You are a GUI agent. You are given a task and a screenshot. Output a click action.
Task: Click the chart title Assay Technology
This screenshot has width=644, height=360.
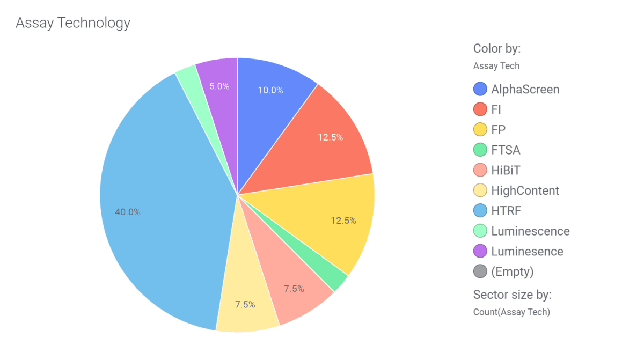pyautogui.click(x=73, y=23)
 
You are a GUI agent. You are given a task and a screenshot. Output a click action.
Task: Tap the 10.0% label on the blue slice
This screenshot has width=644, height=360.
pyautogui.click(x=270, y=90)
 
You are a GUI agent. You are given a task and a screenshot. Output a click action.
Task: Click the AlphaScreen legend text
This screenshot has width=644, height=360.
pyautogui.click(x=525, y=89)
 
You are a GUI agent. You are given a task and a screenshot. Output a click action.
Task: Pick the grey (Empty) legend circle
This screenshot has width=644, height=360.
pyautogui.click(x=480, y=271)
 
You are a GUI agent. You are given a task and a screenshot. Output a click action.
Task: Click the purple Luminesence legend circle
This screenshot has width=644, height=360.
pyautogui.click(x=480, y=251)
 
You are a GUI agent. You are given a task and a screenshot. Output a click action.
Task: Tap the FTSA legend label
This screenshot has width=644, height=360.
pyautogui.click(x=506, y=150)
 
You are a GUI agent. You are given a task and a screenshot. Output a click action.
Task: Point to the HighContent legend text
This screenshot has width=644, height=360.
pyautogui.click(x=525, y=190)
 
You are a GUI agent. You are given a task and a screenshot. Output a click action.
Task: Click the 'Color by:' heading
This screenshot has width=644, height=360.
pyautogui.click(x=497, y=48)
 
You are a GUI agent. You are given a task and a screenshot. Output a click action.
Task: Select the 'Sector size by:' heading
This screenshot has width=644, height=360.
pyautogui.click(x=513, y=295)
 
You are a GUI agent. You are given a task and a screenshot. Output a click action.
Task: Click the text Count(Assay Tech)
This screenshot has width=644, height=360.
pyautogui.click(x=511, y=312)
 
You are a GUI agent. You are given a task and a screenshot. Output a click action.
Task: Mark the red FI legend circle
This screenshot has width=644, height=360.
pyautogui.click(x=480, y=109)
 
